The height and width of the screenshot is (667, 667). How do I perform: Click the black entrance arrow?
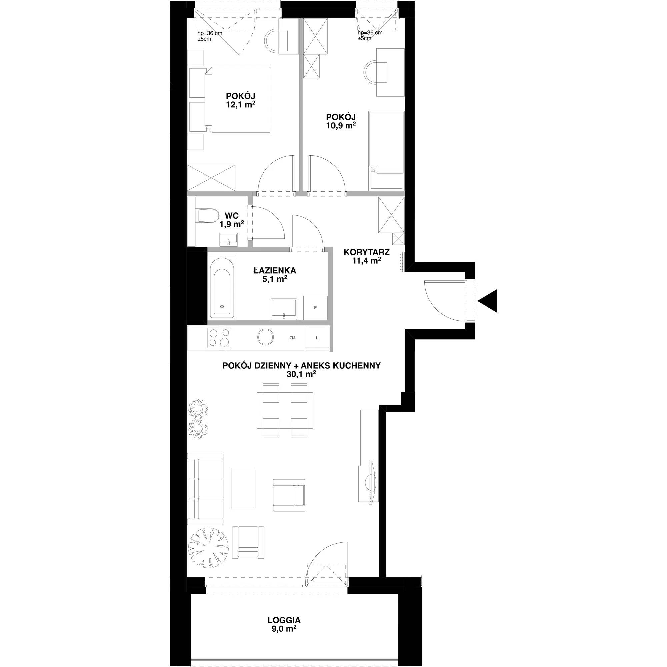[488, 301]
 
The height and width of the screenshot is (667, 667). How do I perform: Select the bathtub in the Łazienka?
[222, 288]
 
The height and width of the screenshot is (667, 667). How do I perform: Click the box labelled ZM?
[292, 338]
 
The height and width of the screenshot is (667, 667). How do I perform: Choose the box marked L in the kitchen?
[317, 338]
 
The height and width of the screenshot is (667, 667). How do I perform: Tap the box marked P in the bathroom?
[315, 307]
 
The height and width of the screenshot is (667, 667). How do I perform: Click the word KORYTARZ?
[366, 252]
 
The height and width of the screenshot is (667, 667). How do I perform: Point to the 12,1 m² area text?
[241, 104]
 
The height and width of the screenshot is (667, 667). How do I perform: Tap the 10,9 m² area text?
[341, 126]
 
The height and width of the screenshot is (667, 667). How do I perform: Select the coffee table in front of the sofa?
[243, 489]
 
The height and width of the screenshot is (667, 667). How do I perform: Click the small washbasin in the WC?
[229, 239]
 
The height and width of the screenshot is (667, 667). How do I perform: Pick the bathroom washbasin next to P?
[284, 308]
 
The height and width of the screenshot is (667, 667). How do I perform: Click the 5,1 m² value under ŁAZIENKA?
[275, 279]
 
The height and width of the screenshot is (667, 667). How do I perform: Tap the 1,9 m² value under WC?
[232, 225]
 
